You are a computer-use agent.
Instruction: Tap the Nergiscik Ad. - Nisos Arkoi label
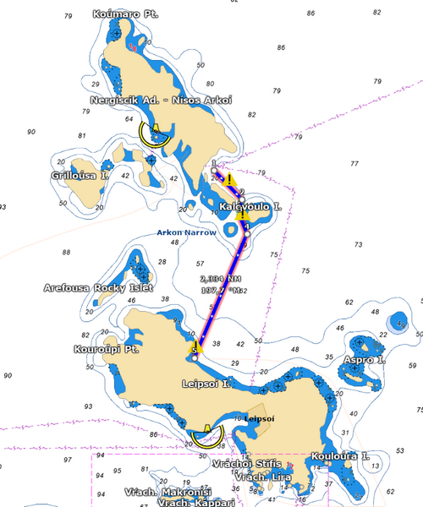[x=173, y=100]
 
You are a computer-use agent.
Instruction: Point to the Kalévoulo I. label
[x=250, y=207]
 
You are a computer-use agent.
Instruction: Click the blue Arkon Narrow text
[x=186, y=232]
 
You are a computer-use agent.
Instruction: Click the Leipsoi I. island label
[x=206, y=384]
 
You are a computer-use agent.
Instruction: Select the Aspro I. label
[x=365, y=361]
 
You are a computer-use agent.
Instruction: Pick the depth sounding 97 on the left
[x=66, y=460]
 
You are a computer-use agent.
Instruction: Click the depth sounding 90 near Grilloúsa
[x=31, y=132]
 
